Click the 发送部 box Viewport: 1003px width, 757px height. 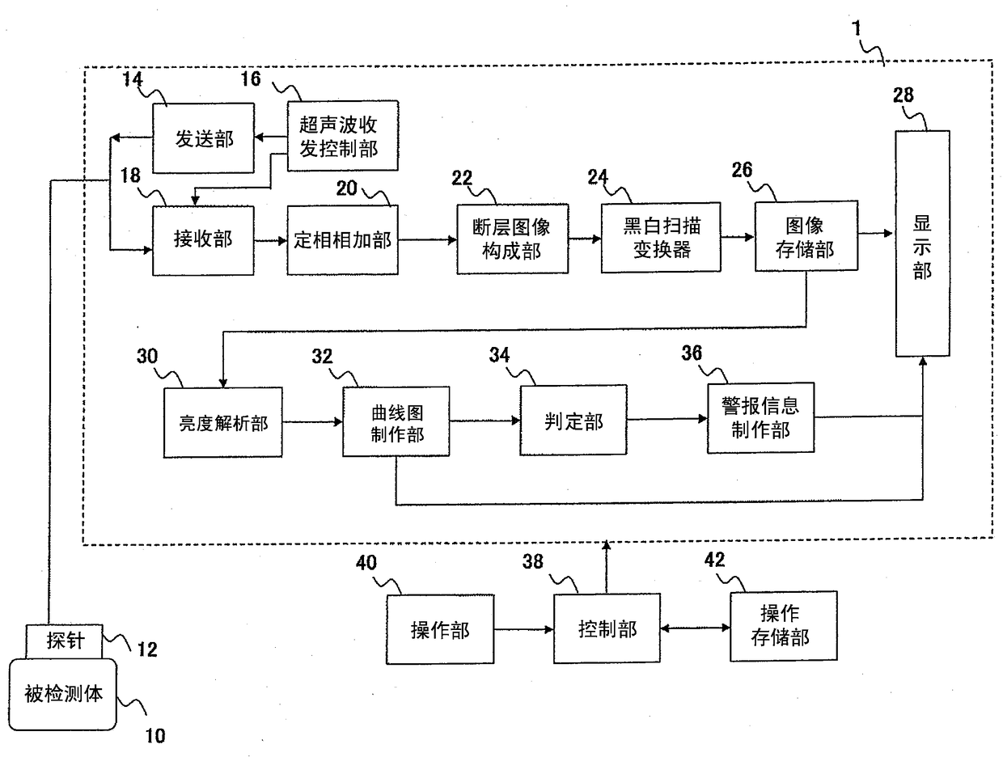tap(203, 138)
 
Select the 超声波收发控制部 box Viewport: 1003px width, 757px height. tap(343, 136)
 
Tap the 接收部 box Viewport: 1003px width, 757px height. tap(203, 240)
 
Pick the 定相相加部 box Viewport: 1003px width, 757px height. tap(343, 240)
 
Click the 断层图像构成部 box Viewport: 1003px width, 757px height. tap(513, 239)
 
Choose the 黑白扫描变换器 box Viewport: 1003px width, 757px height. tap(661, 238)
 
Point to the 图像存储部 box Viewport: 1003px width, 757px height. tap(806, 236)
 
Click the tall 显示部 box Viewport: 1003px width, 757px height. tap(923, 243)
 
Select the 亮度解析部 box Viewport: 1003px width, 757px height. tap(223, 423)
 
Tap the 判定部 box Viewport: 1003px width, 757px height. tap(573, 421)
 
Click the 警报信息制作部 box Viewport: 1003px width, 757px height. tap(761, 418)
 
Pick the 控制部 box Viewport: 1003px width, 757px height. tap(607, 628)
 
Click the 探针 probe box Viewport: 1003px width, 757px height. tap(65, 641)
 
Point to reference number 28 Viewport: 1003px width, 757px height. tap(904, 95)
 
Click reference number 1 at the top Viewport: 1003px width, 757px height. tap(857, 28)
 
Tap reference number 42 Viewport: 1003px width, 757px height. tap(715, 560)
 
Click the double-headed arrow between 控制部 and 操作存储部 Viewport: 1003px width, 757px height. tap(696, 628)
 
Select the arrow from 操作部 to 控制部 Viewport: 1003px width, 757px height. tap(523, 629)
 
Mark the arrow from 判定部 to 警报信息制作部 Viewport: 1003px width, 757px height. tap(667, 419)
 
